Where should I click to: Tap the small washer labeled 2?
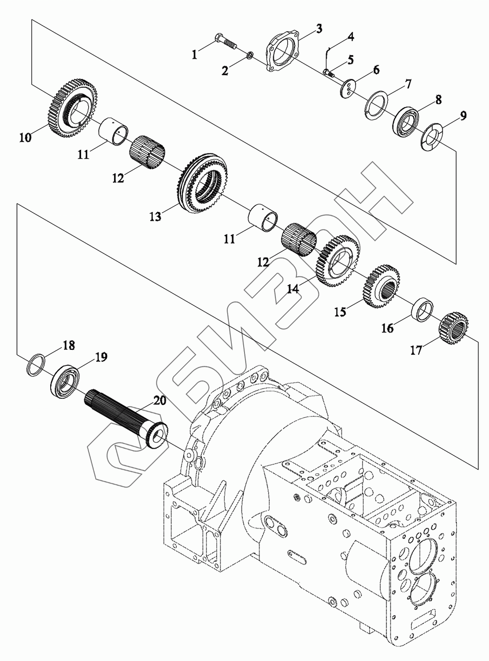pyautogui.click(x=249, y=56)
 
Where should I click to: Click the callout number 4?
pyautogui.click(x=351, y=37)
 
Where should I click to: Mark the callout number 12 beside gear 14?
pyautogui.click(x=263, y=262)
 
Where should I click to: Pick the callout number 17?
pyautogui.click(x=416, y=350)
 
